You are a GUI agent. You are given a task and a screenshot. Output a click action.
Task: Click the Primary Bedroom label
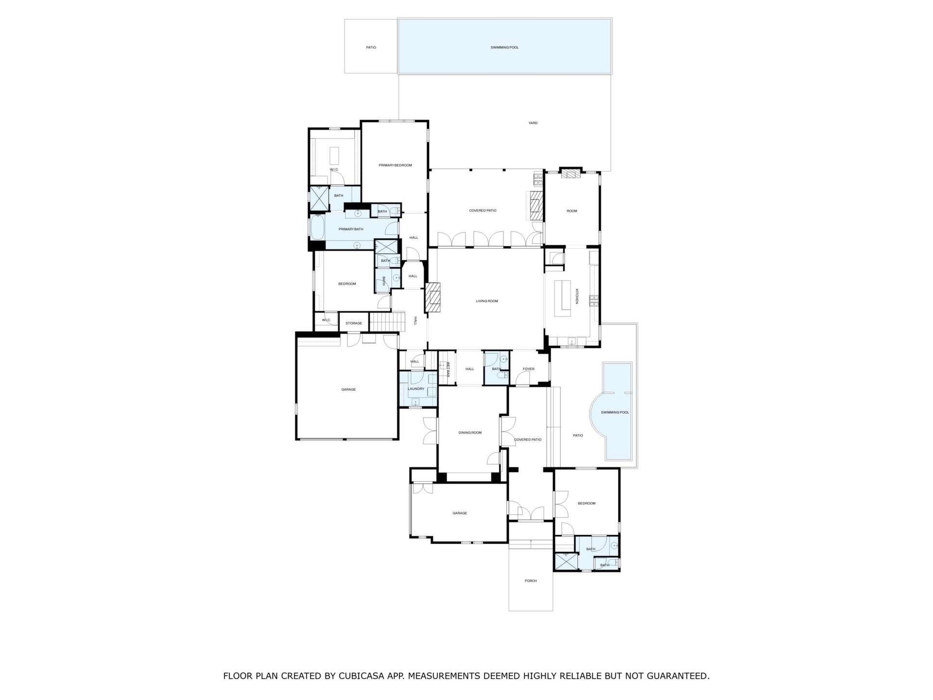point(395,165)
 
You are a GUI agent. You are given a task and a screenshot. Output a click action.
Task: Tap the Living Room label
point(486,301)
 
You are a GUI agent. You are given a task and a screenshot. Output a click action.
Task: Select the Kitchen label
point(577,297)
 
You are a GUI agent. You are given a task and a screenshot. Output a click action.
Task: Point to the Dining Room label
point(470,433)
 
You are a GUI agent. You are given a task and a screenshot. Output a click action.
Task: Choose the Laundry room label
point(416,389)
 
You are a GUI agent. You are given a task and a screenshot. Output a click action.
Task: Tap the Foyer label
point(528,369)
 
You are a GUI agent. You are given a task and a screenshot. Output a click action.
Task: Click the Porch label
point(531,581)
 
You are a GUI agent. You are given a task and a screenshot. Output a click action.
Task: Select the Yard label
point(533,123)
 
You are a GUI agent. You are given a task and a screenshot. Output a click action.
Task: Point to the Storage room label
point(354,323)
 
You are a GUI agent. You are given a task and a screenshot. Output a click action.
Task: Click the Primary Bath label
point(351,229)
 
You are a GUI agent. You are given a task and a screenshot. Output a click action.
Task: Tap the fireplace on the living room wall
point(432,297)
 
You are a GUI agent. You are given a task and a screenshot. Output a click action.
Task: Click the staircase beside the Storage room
point(387,322)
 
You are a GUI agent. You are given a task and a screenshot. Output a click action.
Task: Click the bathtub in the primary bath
point(317,228)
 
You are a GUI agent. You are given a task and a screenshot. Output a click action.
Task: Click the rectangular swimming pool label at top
point(504,48)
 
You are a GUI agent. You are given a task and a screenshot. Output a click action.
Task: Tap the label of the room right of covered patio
point(572,211)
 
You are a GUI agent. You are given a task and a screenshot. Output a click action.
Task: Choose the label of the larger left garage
point(348,389)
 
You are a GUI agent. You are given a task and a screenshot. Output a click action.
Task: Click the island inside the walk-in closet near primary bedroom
point(335,156)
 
